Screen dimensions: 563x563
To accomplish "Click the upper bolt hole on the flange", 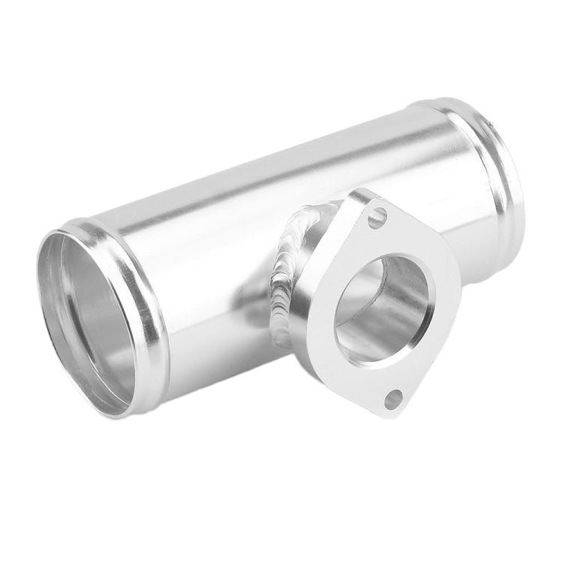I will tap(377, 218).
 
